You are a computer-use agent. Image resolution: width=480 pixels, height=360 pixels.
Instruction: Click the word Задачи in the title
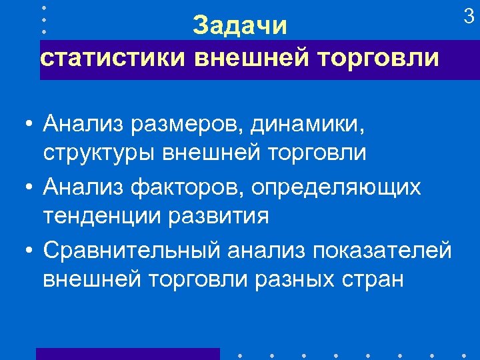240,27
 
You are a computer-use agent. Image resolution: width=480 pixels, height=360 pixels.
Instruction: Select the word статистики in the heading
114,58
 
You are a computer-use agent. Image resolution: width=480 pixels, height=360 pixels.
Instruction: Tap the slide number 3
469,18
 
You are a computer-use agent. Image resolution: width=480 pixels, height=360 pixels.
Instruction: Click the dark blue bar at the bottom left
127,353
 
